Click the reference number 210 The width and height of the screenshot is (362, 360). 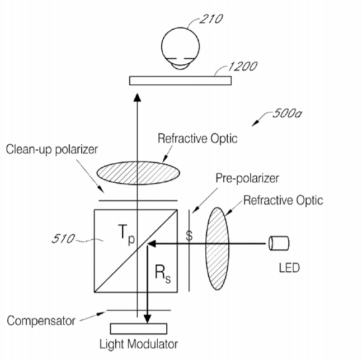pos(211,19)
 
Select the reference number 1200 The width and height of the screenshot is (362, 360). pos(242,67)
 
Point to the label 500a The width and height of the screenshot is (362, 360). pos(287,113)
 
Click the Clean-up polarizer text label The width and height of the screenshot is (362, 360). pos(51,150)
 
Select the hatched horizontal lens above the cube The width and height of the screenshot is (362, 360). pos(138,173)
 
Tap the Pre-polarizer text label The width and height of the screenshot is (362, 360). pos(247,178)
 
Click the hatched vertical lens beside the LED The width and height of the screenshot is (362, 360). pos(217,248)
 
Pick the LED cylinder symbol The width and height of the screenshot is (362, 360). pos(279,243)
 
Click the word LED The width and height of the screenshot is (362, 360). pos(289,268)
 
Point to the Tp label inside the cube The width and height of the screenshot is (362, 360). pos(126,234)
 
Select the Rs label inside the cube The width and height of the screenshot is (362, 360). pos(163,274)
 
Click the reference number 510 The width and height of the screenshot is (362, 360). pos(63,239)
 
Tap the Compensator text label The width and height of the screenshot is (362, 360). pos(41,321)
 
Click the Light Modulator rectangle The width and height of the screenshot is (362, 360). pos(139,329)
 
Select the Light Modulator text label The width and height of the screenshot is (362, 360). pos(139,344)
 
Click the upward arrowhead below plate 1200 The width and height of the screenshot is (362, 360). pos(138,97)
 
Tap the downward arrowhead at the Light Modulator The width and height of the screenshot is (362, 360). pos(147,319)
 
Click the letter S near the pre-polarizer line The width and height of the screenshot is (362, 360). pos(189,236)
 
